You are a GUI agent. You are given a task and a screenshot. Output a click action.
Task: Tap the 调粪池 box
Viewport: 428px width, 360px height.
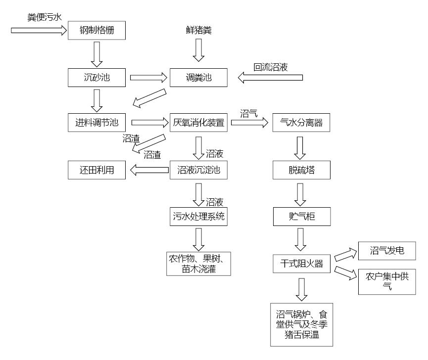(x=198, y=77)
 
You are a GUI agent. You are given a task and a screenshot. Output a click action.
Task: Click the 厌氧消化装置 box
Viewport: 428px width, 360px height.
(x=198, y=123)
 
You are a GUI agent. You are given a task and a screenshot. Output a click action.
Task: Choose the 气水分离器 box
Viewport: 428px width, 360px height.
(x=301, y=123)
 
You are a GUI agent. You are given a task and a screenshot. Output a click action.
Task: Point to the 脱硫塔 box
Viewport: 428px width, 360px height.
(x=301, y=170)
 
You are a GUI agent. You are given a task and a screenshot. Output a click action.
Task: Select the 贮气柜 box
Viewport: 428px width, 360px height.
(x=301, y=217)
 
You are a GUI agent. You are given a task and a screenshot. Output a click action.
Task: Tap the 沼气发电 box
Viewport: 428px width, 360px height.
(x=387, y=251)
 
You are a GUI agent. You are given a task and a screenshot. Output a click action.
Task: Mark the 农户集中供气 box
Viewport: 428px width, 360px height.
(x=387, y=280)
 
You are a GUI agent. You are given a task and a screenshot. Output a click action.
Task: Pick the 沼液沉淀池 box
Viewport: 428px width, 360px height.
(x=198, y=170)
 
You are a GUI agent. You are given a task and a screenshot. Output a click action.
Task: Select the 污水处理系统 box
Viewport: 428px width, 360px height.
(x=198, y=217)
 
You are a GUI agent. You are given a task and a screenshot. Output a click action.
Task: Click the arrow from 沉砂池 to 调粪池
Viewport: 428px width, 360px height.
(x=148, y=77)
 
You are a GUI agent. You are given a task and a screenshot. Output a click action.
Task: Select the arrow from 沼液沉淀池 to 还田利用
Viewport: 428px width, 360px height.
(x=148, y=170)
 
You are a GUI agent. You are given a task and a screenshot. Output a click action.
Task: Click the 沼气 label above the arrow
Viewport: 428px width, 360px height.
(x=249, y=113)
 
